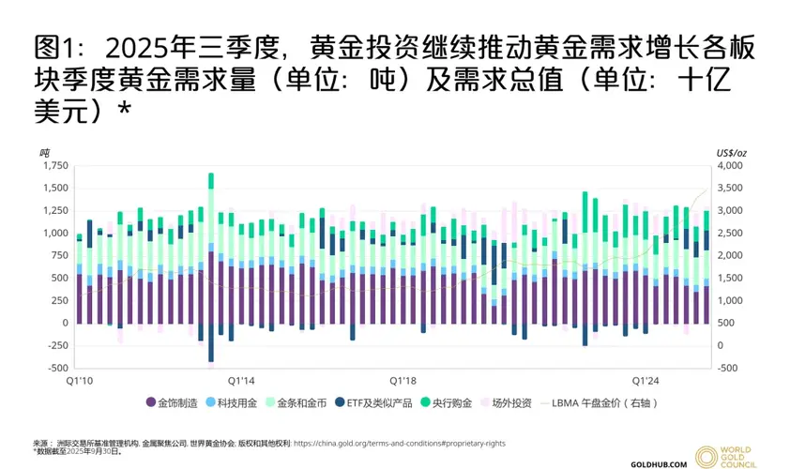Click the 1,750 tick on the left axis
[x=54, y=165]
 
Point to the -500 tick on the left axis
[x=56, y=368]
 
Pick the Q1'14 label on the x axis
[x=241, y=381]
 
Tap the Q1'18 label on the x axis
[x=403, y=381]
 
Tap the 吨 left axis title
[x=44, y=151]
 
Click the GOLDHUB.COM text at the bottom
[x=660, y=461]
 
